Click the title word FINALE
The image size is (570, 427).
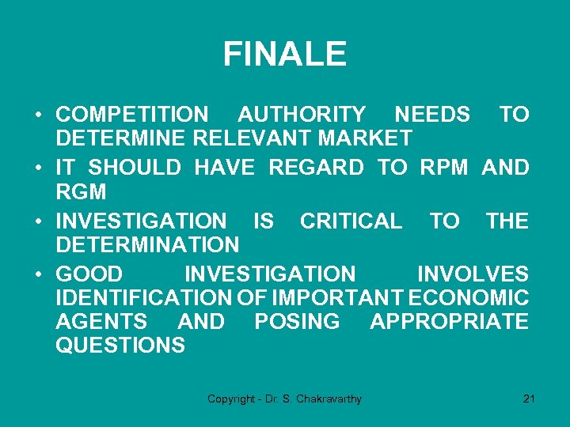284,55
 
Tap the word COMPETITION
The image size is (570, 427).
132,115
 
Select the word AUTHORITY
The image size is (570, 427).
302,115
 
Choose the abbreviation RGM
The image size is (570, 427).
81,191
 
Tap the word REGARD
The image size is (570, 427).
317,168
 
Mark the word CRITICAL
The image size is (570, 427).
351,221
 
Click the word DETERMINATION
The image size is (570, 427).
147,245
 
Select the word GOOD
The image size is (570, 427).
89,274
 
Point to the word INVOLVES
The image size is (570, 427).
473,274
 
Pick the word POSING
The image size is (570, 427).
297,322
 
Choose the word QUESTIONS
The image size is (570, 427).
121,346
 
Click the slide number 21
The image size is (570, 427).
530,399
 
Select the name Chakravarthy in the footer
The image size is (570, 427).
328,399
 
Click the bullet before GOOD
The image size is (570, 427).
38,275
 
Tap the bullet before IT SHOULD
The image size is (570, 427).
38,168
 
